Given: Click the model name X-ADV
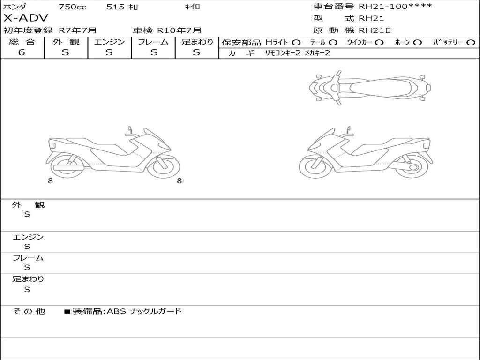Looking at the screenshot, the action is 26,18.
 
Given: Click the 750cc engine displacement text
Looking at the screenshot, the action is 73,7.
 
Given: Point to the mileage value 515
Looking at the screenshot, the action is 115,7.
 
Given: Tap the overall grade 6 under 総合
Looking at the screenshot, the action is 22,52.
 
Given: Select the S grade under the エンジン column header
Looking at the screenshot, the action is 109,52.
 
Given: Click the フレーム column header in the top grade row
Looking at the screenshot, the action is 153,42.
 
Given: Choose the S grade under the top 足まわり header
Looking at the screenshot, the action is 196,52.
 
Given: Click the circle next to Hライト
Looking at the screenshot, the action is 296,43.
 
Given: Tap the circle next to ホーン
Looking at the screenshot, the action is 417,43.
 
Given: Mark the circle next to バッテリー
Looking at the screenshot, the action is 471,43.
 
